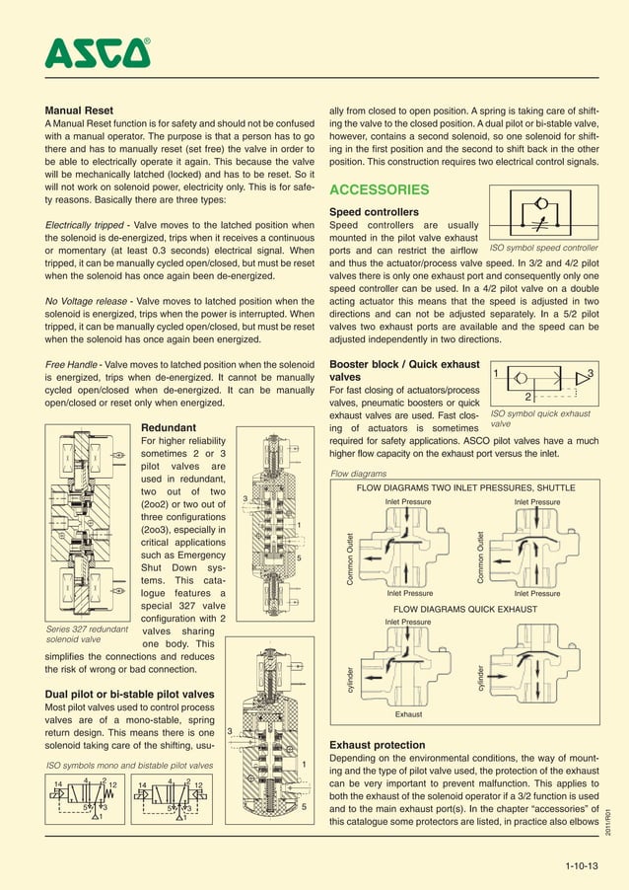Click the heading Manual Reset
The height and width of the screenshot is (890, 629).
80,110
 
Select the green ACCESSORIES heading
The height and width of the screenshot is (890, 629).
379,189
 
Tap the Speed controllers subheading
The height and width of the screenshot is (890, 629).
374,212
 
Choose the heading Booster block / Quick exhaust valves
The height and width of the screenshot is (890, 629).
404,370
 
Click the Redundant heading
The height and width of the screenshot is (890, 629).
169,427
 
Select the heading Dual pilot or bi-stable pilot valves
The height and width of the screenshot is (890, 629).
130,694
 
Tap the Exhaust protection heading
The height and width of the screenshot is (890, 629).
378,745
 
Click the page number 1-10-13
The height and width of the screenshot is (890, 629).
582,867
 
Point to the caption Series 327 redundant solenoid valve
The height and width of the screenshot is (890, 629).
88,632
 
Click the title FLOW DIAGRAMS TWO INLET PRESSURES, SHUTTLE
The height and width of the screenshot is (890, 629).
464,488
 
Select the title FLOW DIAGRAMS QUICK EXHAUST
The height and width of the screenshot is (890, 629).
464,610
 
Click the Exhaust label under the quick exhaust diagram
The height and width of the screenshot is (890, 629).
408,713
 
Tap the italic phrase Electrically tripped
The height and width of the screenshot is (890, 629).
92,227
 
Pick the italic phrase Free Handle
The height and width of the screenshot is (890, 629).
76,363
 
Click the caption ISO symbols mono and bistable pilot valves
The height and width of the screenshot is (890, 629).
130,765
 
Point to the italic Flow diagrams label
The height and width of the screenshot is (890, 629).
358,474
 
